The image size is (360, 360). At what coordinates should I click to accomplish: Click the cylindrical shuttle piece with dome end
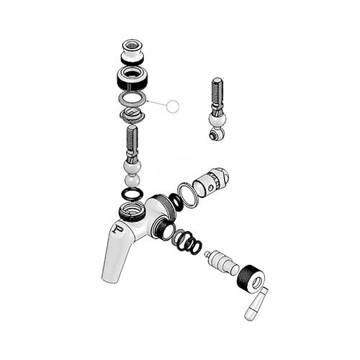click(x=212, y=184)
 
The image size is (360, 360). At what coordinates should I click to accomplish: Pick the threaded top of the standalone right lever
click(x=218, y=89)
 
